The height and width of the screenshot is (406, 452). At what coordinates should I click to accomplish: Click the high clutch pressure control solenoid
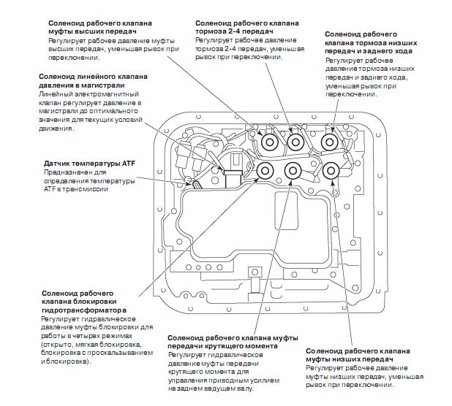point(270,141)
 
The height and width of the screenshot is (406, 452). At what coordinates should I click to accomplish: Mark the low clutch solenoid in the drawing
point(331,171)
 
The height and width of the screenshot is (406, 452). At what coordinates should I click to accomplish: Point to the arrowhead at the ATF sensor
point(187,180)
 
